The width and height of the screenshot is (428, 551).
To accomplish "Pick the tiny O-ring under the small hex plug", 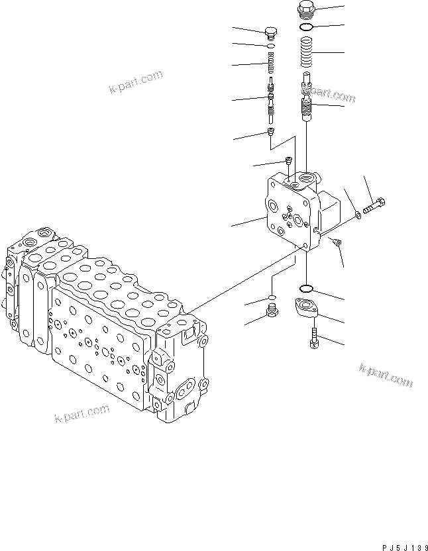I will (x=270, y=46).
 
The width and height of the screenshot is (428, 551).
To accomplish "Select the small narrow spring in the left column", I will (x=270, y=64).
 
